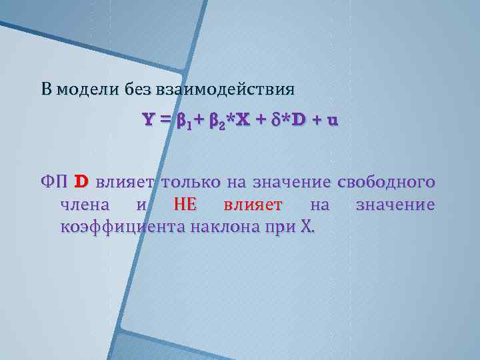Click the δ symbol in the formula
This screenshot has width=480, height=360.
(x=275, y=121)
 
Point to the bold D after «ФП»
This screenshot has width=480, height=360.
(x=81, y=181)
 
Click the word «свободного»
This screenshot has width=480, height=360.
(x=387, y=181)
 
